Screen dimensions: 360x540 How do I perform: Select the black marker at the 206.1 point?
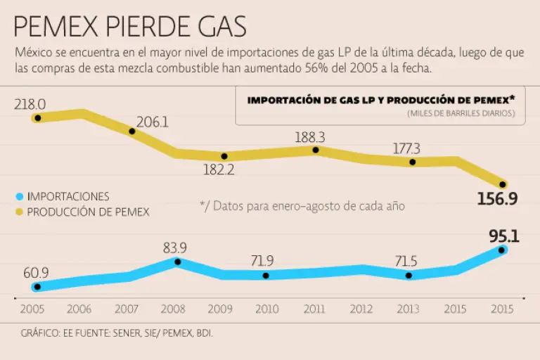(x=131, y=131)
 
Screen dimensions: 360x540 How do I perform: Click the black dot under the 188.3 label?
(x=316, y=150)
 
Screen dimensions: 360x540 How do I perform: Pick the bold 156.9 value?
(x=497, y=199)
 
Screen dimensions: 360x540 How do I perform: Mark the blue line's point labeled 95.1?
(x=502, y=250)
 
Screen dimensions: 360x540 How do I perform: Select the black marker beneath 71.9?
(x=266, y=276)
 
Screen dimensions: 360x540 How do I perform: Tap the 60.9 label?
(x=35, y=272)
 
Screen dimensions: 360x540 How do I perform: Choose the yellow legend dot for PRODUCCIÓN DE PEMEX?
(x=19, y=211)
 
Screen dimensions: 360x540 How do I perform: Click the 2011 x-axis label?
(x=315, y=308)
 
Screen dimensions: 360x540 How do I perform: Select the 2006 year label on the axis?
(x=79, y=308)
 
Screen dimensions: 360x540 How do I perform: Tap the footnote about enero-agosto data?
(x=302, y=205)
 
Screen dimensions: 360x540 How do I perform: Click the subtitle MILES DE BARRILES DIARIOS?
(x=461, y=113)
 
